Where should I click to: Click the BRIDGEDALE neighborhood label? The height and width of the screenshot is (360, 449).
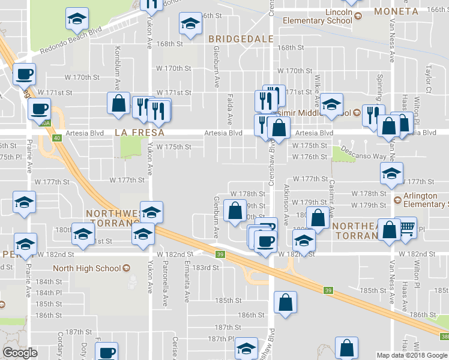tap(241, 39)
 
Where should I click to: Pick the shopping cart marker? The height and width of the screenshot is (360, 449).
tap(407, 227)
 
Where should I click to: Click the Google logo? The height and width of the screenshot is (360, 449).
tap(20, 353)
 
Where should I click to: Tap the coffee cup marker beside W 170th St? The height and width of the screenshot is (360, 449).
tap(24, 74)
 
